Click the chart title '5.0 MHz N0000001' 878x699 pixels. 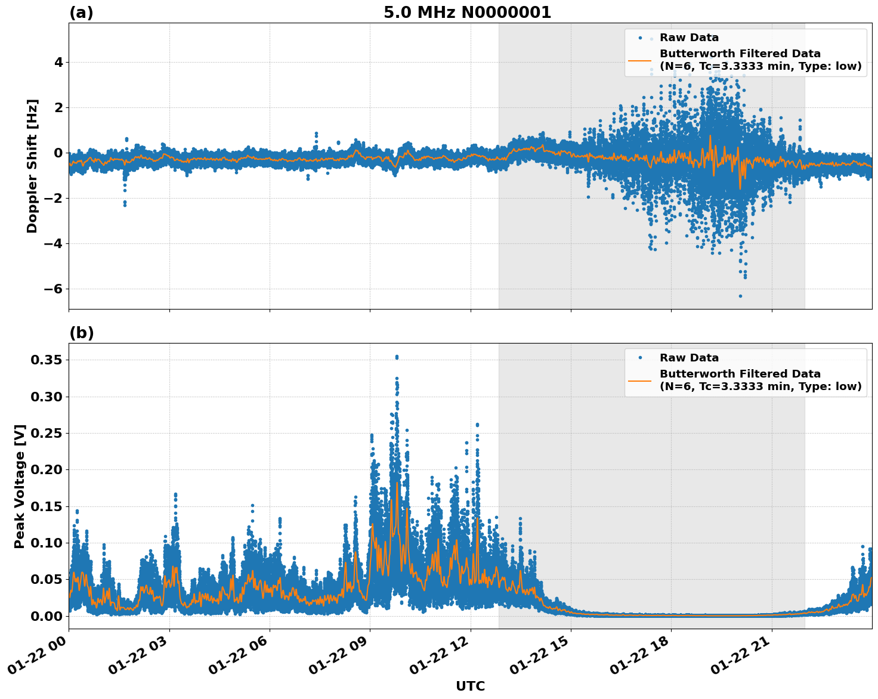point(467,13)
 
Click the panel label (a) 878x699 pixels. point(81,13)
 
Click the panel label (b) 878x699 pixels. point(81,333)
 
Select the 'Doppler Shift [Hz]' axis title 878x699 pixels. point(32,166)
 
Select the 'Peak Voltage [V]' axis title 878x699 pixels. point(20,486)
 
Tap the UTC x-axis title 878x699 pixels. point(470,686)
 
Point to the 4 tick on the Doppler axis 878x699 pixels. point(58,62)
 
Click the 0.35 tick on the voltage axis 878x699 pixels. point(47,360)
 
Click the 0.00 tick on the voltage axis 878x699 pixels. point(47,616)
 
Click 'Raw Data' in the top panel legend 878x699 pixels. point(689,38)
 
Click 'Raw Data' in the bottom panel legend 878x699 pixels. point(689,358)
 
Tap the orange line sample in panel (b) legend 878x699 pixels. point(639,380)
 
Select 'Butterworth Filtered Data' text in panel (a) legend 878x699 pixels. point(740,54)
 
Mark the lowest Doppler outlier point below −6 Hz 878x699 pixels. point(740,296)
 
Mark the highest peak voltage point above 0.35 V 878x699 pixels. point(397,357)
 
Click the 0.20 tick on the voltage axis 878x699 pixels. point(47,469)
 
